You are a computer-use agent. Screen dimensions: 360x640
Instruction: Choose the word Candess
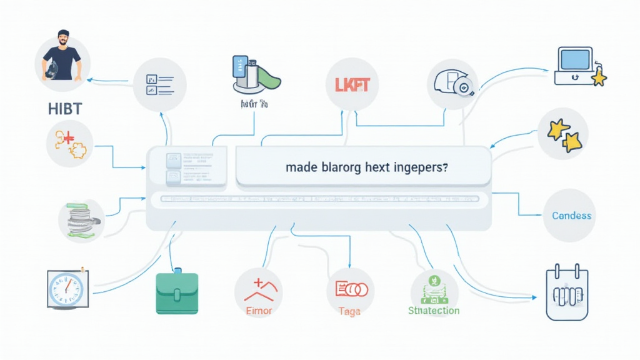[x=571, y=216]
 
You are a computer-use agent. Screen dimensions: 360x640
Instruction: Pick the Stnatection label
[x=433, y=311]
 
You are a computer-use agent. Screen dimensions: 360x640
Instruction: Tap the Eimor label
[x=257, y=311]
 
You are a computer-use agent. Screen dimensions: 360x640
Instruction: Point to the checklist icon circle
[x=160, y=86]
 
